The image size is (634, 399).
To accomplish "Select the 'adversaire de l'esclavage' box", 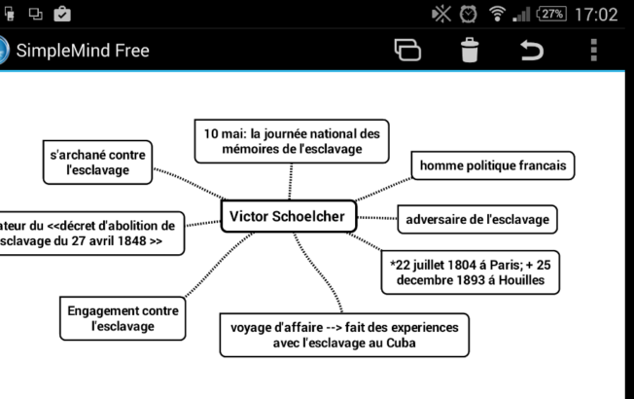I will pyautogui.click(x=477, y=220).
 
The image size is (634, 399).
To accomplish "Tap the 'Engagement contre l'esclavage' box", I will pyautogui.click(x=123, y=318).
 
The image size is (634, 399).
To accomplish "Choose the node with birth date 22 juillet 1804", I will pyautogui.click(x=471, y=272).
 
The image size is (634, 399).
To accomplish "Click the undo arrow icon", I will pyautogui.click(x=532, y=51).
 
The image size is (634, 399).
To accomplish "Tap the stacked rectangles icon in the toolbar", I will pyautogui.click(x=405, y=51).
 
